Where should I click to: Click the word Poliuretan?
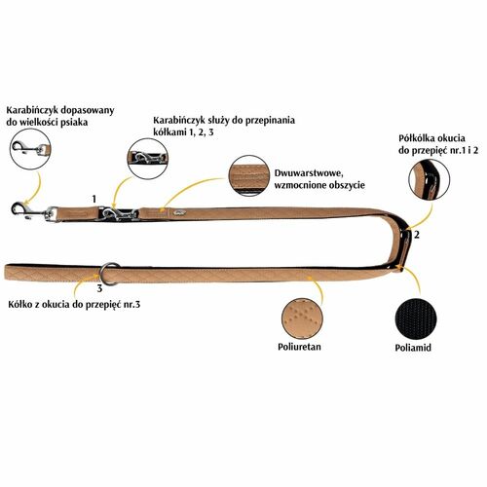[x=299, y=347]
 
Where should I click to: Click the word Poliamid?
[x=413, y=348]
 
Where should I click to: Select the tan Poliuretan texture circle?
[x=303, y=318]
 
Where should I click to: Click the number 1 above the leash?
[x=94, y=199]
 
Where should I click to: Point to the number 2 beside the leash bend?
[x=417, y=235]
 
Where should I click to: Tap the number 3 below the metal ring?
[x=99, y=288]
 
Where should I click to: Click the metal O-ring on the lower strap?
[x=109, y=274]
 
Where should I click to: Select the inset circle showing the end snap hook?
[x=30, y=149]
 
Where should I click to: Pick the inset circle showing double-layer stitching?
[x=249, y=176]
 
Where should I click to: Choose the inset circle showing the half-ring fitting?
[x=429, y=180]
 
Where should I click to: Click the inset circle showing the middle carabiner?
[x=148, y=159]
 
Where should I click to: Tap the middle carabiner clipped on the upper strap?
[x=119, y=214]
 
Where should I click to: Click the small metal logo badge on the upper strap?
[x=181, y=212]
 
